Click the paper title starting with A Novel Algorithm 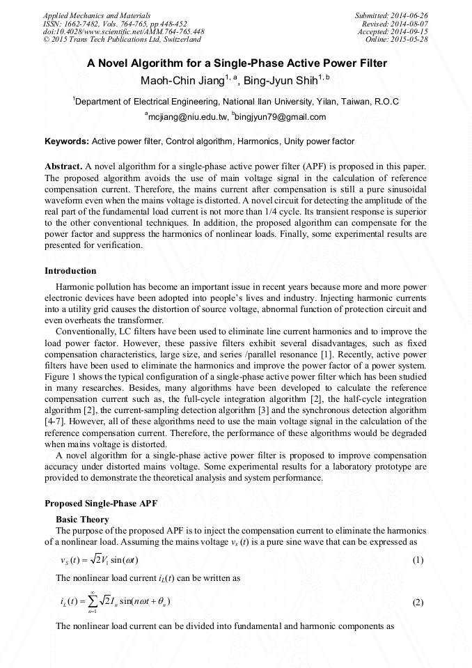click(236, 63)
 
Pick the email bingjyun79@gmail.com click(281, 117)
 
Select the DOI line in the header click(123, 31)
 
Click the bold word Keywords click(66, 141)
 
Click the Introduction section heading click(70, 271)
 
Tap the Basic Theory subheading click(81, 520)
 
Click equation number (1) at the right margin click(418, 560)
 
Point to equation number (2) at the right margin click(418, 603)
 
